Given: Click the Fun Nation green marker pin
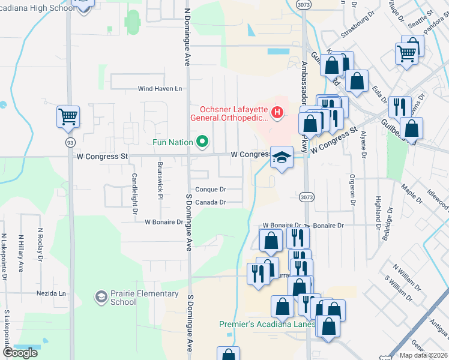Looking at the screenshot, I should (x=202, y=142).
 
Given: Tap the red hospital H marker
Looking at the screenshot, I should (x=277, y=112).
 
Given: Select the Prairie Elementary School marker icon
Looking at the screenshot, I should (x=101, y=296).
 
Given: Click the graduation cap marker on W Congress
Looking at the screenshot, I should (x=281, y=158).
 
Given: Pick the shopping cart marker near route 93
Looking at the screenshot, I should (x=68, y=116).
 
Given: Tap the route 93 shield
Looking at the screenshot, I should (x=70, y=142).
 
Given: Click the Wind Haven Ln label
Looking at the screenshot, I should (x=159, y=89).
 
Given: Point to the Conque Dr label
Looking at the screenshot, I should (x=210, y=189).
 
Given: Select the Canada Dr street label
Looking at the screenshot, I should (x=210, y=202).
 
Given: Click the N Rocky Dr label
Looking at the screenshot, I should (x=40, y=244).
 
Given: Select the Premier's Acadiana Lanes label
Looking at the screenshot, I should (x=267, y=325).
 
